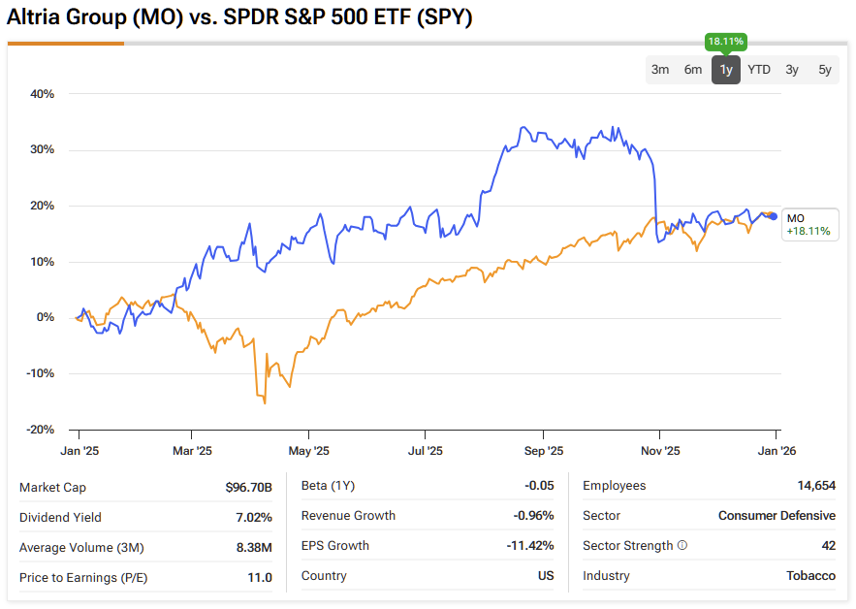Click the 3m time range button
click(x=660, y=69)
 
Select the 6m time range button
click(x=693, y=69)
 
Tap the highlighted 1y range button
click(x=726, y=69)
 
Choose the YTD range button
click(x=759, y=69)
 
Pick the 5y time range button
click(x=825, y=69)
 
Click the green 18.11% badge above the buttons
click(x=726, y=42)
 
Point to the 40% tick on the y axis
click(x=43, y=94)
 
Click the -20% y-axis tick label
click(x=41, y=430)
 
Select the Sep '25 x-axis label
click(x=543, y=450)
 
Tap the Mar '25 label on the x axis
click(x=192, y=450)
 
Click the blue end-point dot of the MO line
click(x=774, y=216)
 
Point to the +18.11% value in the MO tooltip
click(x=808, y=232)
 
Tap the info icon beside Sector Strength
click(x=682, y=546)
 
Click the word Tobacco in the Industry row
click(x=811, y=576)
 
